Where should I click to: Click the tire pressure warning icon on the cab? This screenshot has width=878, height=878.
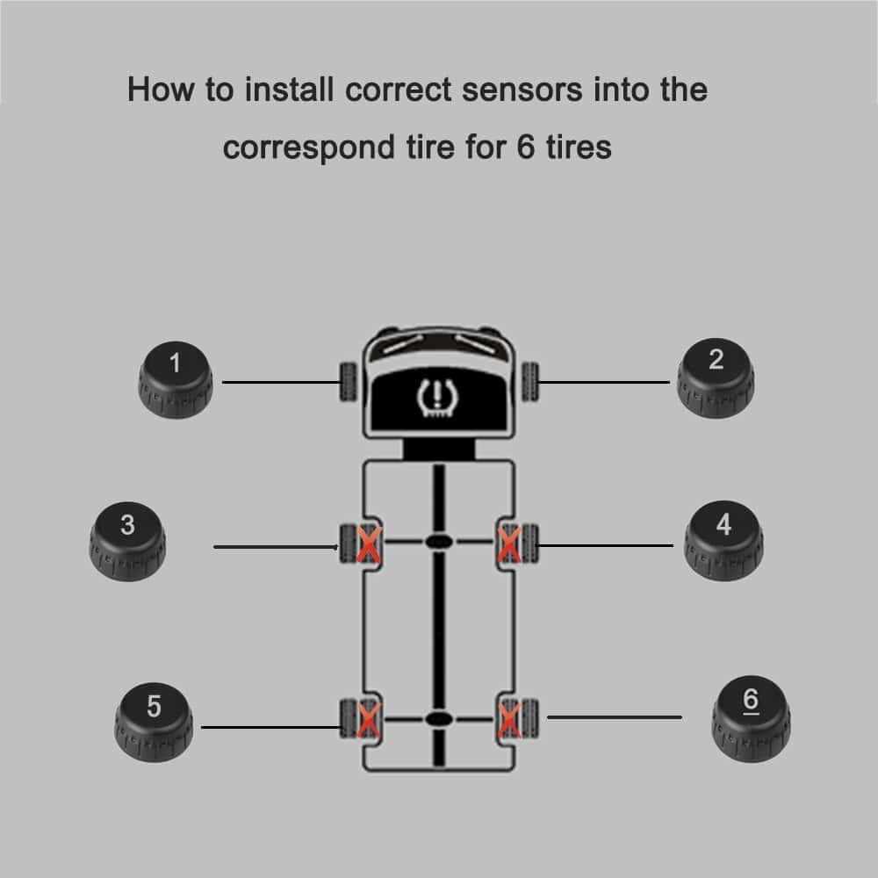[433, 397]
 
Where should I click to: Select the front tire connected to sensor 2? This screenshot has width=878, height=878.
[531, 381]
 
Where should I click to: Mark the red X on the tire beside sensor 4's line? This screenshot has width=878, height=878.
[508, 544]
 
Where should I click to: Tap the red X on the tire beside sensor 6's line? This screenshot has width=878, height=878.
[508, 720]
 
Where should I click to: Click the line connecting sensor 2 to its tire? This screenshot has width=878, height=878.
[606, 381]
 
